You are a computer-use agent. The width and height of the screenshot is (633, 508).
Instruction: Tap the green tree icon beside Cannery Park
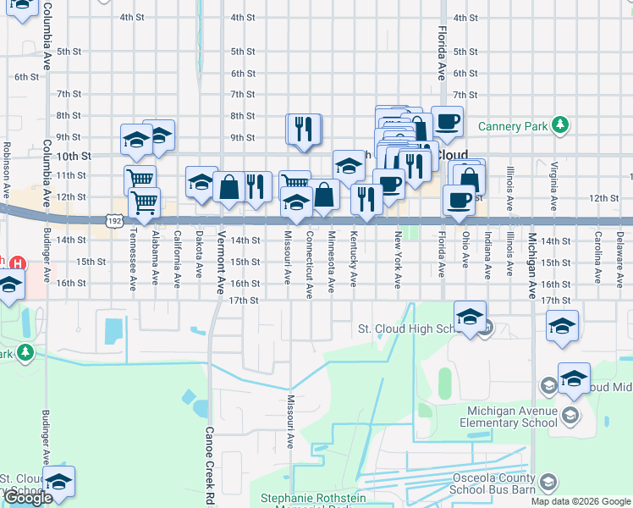[x=559, y=125]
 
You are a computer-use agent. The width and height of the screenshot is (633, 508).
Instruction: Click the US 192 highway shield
[x=113, y=220]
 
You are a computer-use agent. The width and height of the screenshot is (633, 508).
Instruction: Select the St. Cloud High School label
[x=406, y=329]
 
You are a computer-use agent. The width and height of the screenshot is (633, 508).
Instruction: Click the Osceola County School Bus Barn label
[x=491, y=483]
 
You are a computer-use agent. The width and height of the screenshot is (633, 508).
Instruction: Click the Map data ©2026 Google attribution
[x=581, y=501]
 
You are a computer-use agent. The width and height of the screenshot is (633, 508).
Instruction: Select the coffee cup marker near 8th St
[x=447, y=120]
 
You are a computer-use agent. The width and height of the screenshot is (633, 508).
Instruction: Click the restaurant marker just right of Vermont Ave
[x=257, y=186]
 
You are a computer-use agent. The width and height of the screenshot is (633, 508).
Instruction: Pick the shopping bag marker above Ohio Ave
[x=469, y=179]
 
